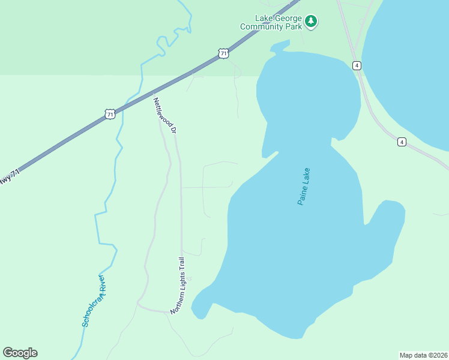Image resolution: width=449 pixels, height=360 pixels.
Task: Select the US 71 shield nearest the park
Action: coord(223,54)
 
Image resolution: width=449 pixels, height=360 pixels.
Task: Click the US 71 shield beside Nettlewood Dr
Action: coord(109,113)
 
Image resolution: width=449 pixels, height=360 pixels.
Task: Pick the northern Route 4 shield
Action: coord(357,65)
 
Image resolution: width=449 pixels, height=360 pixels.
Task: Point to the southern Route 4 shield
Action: coord(401,142)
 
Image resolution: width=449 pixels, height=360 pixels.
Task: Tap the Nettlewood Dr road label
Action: coord(166,115)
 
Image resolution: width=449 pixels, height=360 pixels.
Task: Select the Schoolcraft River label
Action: coord(94,299)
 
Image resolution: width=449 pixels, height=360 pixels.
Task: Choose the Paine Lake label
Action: coord(307,187)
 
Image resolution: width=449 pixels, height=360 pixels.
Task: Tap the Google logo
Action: coord(20,353)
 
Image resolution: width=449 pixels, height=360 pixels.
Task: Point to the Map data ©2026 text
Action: coord(423,355)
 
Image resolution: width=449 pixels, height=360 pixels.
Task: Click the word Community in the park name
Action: coord(262,26)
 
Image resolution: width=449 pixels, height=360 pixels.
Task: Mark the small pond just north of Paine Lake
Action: coord(279,46)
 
